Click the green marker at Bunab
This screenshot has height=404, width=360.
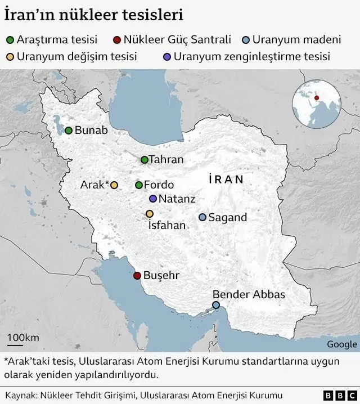pyautogui.click(x=69, y=131)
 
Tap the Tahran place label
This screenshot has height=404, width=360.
pyautogui.click(x=166, y=160)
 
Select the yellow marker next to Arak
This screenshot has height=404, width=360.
pyautogui.click(x=114, y=185)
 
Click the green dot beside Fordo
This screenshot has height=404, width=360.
pyautogui.click(x=139, y=185)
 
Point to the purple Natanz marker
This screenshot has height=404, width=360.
pyautogui.click(x=152, y=199)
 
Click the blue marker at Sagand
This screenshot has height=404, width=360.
pyautogui.click(x=202, y=217)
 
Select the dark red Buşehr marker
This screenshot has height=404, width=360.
pyautogui.click(x=137, y=276)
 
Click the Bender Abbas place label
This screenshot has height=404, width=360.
pyautogui.click(x=249, y=294)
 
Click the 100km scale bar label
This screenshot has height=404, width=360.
pyautogui.click(x=23, y=337)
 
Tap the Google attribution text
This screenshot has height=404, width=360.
pyautogui.click(x=341, y=344)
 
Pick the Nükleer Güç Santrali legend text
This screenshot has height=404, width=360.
pyautogui.click(x=177, y=40)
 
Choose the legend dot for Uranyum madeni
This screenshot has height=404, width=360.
pyautogui.click(x=246, y=40)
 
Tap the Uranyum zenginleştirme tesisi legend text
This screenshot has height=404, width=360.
pyautogui.click(x=251, y=56)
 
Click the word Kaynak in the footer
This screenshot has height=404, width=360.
pyautogui.click(x=20, y=396)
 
